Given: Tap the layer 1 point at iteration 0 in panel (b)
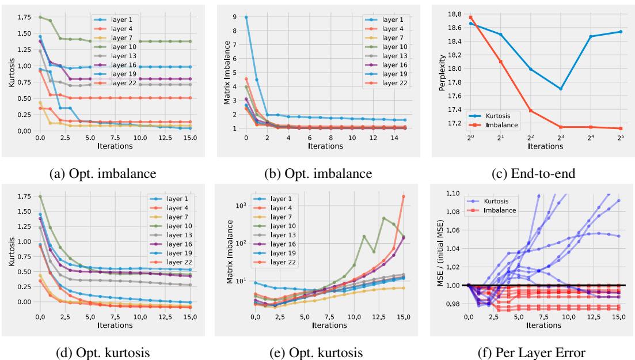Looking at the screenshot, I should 246,17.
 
